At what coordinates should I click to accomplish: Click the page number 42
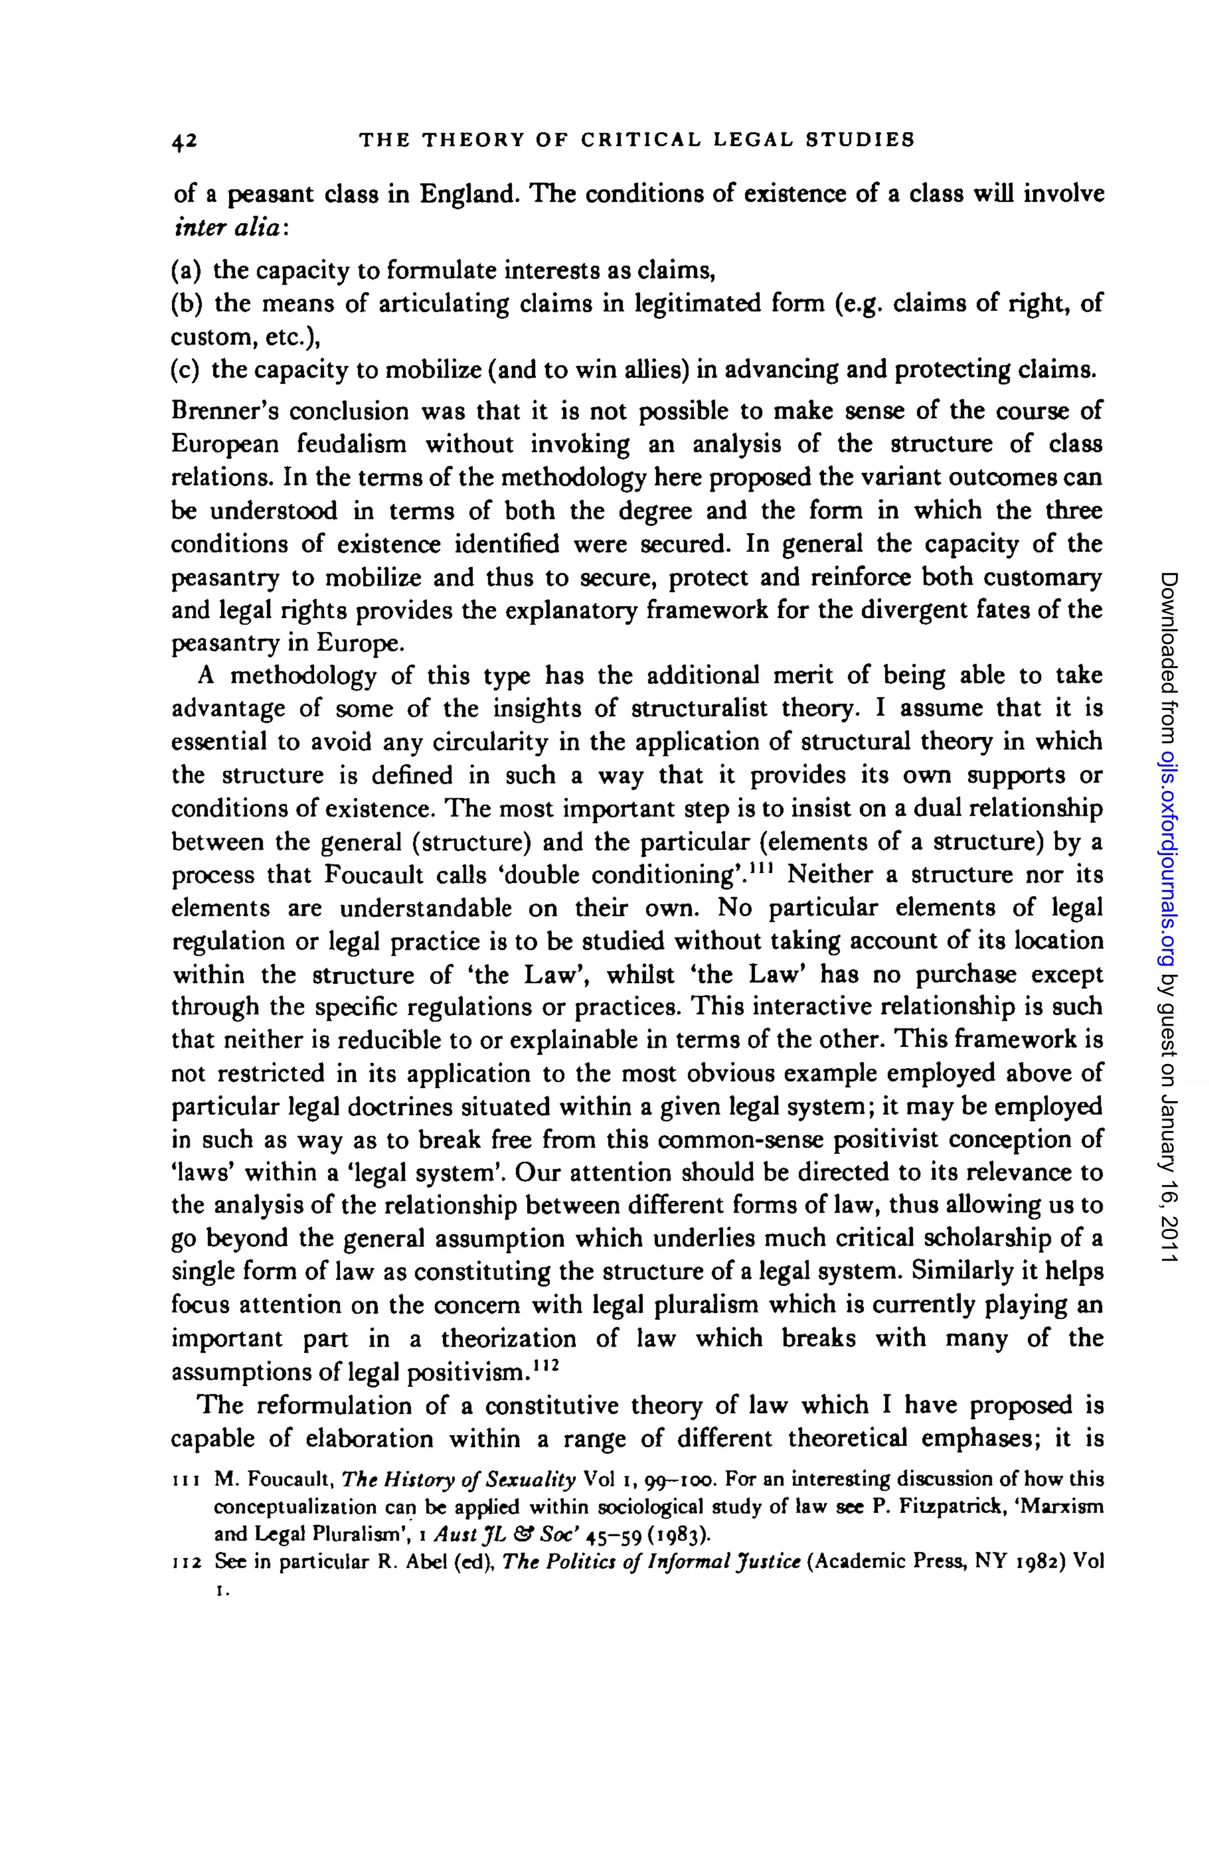pyautogui.click(x=185, y=140)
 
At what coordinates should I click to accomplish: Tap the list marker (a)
pyautogui.click(x=187, y=270)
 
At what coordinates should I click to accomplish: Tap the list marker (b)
pyautogui.click(x=187, y=304)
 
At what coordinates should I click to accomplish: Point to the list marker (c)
pyautogui.click(x=186, y=370)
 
